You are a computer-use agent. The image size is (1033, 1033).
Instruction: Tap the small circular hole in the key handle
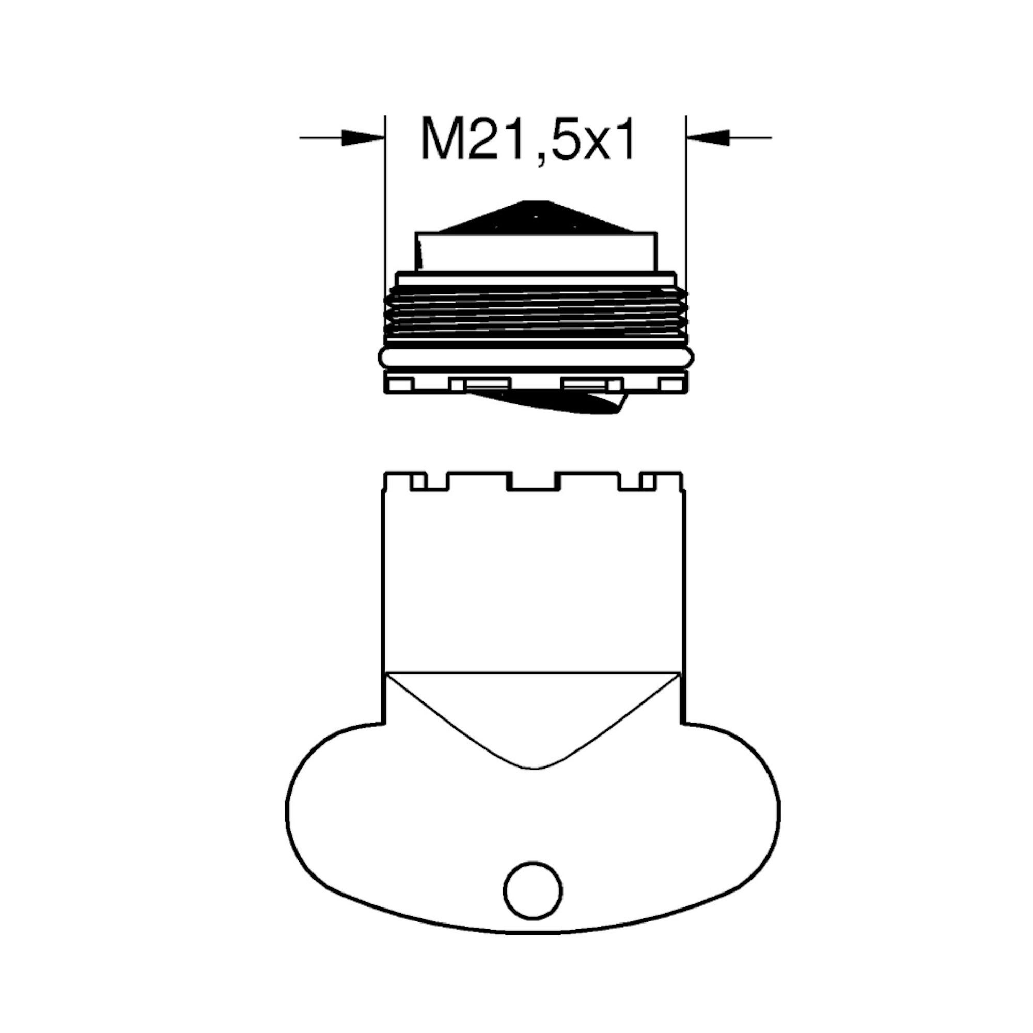tap(533, 892)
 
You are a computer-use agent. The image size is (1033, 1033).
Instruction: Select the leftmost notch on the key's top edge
tap(419, 481)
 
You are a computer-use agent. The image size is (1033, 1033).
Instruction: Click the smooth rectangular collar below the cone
tap(535, 252)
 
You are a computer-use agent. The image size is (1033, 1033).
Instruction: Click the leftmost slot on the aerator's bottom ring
tap(401, 385)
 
